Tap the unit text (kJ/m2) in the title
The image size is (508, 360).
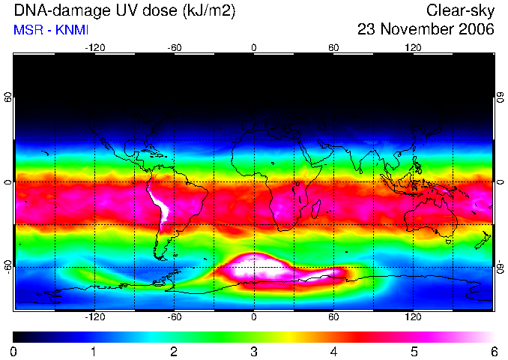point(208,11)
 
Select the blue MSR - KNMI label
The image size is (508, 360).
point(51,30)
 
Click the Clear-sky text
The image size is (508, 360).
point(460,11)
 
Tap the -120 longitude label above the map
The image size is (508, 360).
point(95,48)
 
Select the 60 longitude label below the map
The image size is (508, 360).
point(333,316)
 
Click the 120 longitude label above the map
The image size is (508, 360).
point(413,48)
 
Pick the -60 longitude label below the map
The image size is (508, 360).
point(175,316)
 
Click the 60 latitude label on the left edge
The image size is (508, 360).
point(8,97)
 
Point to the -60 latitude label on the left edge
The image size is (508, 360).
point(8,266)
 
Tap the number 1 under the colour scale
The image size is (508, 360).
point(94,352)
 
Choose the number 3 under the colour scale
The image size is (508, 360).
point(254,352)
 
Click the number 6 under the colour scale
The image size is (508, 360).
point(494,352)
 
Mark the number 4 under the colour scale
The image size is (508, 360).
point(333,352)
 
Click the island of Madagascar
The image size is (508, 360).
point(316,209)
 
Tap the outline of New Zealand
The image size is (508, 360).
point(483,240)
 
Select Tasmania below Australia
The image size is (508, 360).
point(449,242)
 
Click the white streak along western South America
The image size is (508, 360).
point(160,204)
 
